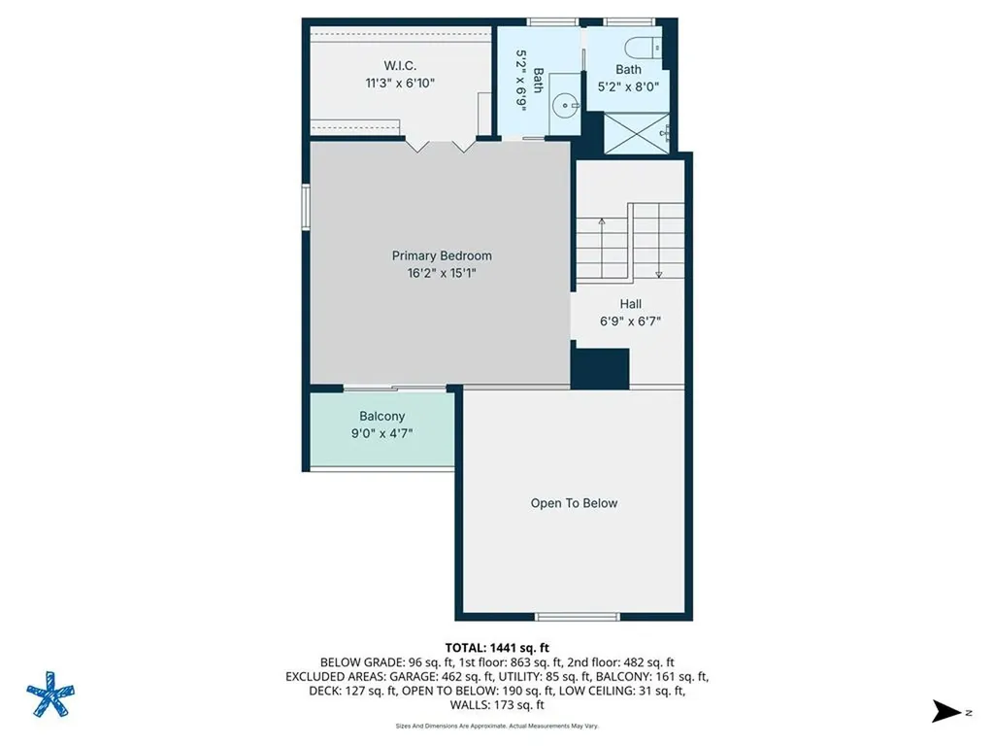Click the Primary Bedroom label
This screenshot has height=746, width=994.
442,255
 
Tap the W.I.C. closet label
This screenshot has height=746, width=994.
400,65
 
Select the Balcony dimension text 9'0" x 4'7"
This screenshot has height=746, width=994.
381,433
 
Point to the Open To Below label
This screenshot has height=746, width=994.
574,503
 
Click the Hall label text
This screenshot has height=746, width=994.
630,304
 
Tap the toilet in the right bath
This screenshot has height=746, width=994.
643,49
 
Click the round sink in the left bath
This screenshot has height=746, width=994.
564,105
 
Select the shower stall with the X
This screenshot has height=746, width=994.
637,133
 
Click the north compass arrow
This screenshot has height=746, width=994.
945,711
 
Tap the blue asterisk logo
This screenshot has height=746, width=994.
50,694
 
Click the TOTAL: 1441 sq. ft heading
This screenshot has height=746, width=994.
497,648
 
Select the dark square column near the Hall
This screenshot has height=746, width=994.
600,367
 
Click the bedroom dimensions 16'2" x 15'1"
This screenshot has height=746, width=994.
442,273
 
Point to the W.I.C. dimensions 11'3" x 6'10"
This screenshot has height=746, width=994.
400,84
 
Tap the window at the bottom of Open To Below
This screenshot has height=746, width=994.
577,616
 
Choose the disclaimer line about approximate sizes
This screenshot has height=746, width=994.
497,726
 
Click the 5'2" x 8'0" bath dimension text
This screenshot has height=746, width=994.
628,86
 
